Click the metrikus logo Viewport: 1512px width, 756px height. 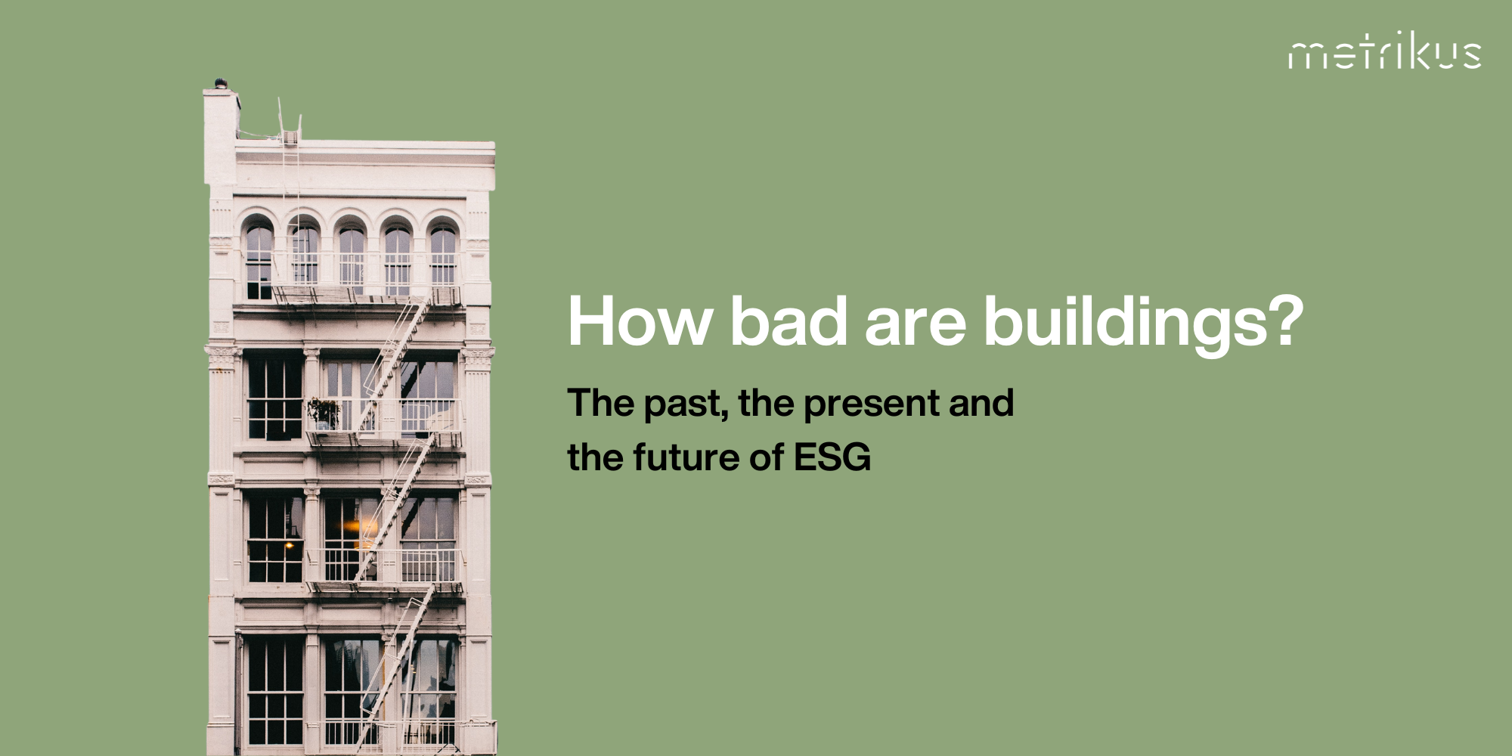tap(1384, 52)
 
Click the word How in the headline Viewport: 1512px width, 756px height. tap(640, 321)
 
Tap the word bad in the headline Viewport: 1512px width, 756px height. tap(788, 321)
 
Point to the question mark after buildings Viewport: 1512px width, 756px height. tap(1284, 321)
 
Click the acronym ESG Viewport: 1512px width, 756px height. tap(832, 458)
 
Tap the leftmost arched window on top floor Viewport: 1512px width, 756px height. tap(259, 257)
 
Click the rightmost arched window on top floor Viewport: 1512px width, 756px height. tap(443, 257)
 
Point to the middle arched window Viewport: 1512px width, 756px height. tap(352, 257)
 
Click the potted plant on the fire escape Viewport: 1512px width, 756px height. tap(324, 412)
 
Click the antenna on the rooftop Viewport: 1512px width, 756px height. tap(281, 117)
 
